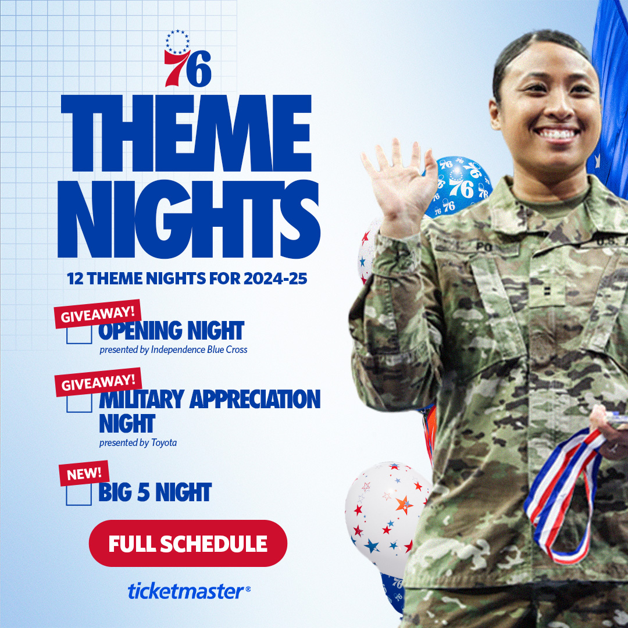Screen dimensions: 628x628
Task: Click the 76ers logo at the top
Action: point(187,59)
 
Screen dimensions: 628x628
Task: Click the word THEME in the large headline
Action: point(186,133)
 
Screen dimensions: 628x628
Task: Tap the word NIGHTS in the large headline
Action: point(188,219)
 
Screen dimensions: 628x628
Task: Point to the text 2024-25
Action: point(275,279)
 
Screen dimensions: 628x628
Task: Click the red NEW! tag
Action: point(84,473)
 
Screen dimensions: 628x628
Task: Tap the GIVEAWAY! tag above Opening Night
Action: point(98,314)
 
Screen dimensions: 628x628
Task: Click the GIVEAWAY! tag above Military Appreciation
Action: point(98,382)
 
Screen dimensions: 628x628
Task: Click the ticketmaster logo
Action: point(189,591)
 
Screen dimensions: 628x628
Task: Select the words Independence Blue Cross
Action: point(199,349)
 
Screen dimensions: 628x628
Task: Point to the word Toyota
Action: point(164,443)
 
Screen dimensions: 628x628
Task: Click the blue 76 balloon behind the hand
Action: point(461,186)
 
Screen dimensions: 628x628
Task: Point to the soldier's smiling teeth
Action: point(557,133)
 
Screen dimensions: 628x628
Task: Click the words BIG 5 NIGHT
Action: point(155,493)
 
